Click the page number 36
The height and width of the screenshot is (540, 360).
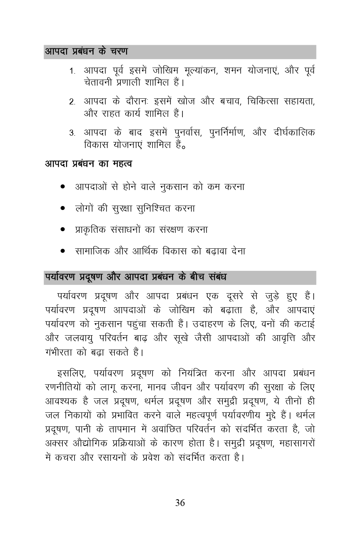click(180, 503)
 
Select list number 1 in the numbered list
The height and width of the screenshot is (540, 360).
click(72, 72)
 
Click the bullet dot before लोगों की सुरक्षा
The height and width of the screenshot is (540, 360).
click(63, 209)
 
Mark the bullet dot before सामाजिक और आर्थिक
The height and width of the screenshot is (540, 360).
click(63, 252)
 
